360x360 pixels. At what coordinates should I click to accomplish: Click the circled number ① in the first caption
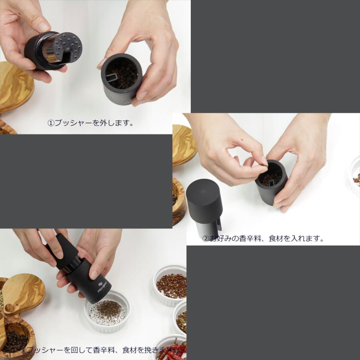coord(51,123)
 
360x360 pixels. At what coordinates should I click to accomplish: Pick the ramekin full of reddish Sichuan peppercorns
coord(171,285)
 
